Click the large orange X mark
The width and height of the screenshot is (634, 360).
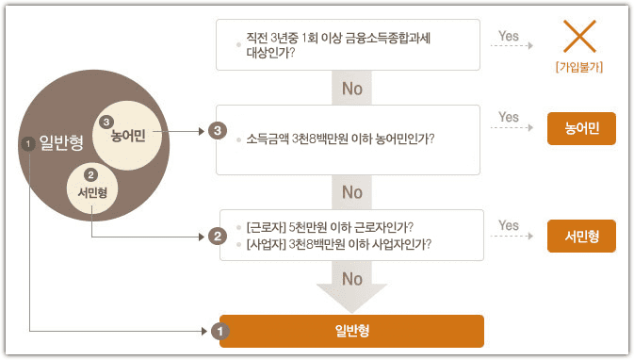point(580,37)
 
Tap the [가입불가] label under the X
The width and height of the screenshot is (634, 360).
point(580,68)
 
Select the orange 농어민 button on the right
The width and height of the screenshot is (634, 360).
point(581,129)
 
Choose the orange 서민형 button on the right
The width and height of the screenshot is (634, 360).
point(581,237)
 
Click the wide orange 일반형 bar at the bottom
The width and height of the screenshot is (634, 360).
point(351,332)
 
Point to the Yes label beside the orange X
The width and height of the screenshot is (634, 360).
point(509,37)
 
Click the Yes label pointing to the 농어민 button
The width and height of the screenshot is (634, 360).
point(509,118)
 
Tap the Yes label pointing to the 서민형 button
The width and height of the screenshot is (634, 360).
point(509,225)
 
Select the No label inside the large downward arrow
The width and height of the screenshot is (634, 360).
point(352,279)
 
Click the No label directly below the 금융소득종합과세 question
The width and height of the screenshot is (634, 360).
point(352,90)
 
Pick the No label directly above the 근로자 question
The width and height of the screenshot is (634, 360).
point(352,192)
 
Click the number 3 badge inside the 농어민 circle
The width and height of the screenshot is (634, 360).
point(106,122)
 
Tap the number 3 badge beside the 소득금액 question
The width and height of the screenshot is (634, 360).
point(219,130)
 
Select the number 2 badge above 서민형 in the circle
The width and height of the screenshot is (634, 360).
point(91,175)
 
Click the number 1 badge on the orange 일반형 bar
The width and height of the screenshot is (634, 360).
point(219,332)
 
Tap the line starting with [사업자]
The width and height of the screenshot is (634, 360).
point(337,244)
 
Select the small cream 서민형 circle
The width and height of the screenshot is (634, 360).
point(91,187)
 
